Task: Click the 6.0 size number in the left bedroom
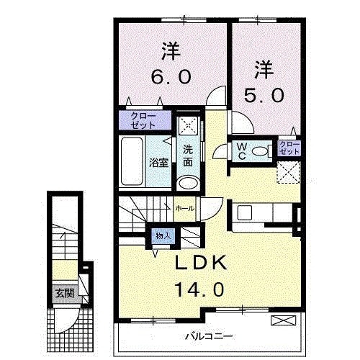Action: click(x=171, y=77)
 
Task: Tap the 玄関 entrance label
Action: click(x=63, y=293)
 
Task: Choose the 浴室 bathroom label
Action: click(x=159, y=163)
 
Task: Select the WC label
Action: click(x=243, y=151)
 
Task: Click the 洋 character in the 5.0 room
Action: click(x=264, y=70)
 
